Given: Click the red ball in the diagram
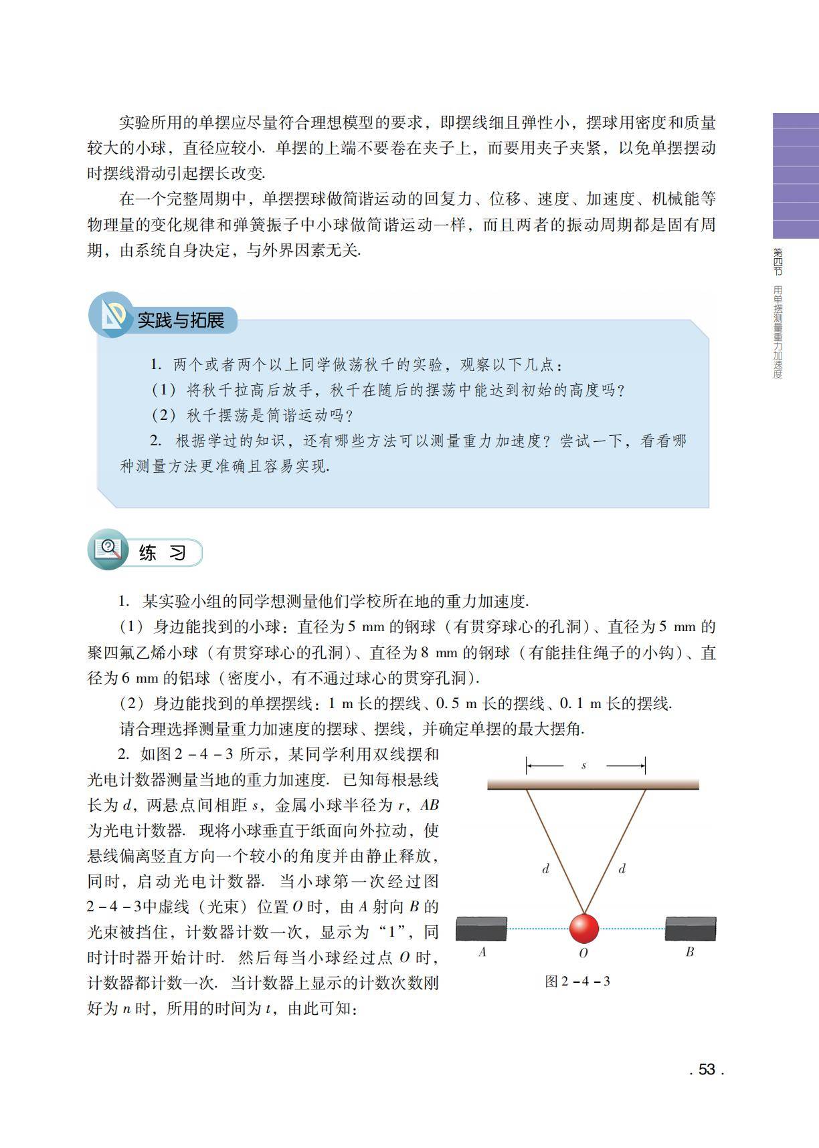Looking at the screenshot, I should click(x=583, y=928).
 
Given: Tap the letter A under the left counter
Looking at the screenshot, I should click(x=482, y=952).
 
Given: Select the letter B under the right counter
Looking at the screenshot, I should click(x=690, y=952).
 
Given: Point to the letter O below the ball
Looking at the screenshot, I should click(x=583, y=953).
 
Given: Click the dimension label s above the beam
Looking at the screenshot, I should click(x=584, y=765).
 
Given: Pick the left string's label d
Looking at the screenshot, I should click(x=545, y=869).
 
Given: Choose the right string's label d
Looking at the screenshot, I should click(x=622, y=869).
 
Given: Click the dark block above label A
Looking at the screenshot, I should click(x=481, y=929).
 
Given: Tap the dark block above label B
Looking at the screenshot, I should click(x=691, y=929).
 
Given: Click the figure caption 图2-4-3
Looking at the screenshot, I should click(x=577, y=982).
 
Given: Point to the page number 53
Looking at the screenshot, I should click(x=707, y=1069).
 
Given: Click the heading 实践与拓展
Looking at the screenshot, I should click(x=181, y=320).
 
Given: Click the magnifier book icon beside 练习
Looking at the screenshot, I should click(x=108, y=550).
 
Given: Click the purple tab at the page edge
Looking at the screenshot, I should click(x=796, y=176).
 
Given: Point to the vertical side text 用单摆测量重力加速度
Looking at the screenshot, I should click(x=778, y=332).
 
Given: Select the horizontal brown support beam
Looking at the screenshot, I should click(x=593, y=784).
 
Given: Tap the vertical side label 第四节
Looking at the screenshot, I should click(x=778, y=261).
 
